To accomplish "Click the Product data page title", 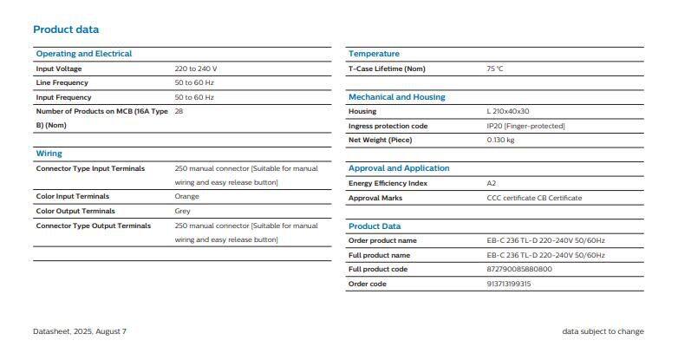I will tap(66, 29).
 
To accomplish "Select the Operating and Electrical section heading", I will tap(83, 54).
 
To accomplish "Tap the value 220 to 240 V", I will tap(196, 69).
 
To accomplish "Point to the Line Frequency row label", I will tap(63, 82).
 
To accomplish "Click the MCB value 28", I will tap(179, 111).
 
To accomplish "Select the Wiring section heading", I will tap(49, 154).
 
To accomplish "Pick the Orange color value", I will tap(186, 197).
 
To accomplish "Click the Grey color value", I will tap(182, 211).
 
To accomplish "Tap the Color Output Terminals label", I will tap(75, 211).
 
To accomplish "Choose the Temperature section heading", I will tap(374, 54).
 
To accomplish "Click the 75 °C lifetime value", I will tap(495, 69).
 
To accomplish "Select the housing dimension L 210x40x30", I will tap(508, 112).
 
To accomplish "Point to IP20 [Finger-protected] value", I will tap(525, 126).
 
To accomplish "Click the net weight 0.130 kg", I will tap(500, 140).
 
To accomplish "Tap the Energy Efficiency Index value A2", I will tap(492, 184).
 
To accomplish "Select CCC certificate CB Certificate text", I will tap(534, 198).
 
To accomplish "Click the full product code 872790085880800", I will tap(519, 270).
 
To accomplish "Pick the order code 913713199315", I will tap(509, 284).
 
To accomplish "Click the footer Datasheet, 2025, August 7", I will tap(80, 331).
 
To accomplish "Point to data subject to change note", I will tap(603, 331).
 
